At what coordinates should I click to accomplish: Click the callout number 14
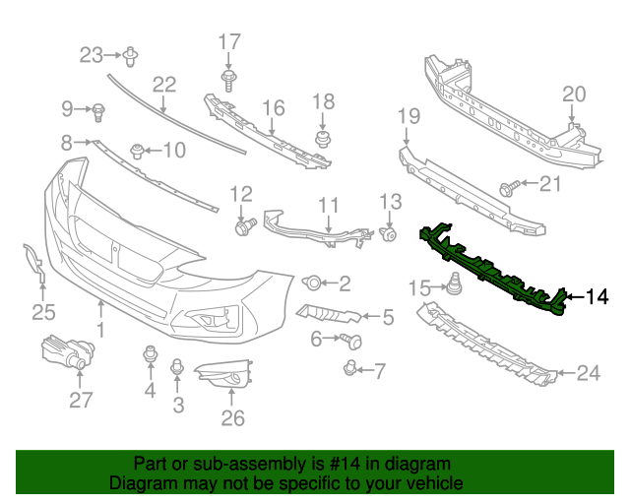point(598,295)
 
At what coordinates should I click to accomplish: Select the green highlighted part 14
point(492,269)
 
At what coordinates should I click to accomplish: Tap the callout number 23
point(91,54)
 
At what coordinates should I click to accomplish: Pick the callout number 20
point(573,94)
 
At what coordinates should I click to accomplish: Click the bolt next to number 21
point(511,185)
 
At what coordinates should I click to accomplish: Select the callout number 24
point(588,372)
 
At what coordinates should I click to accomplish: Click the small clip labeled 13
point(388,234)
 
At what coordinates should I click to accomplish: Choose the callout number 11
point(328,206)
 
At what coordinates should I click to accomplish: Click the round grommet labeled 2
point(312,283)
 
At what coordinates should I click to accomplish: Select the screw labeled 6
point(350,341)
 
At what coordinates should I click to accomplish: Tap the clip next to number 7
point(349,369)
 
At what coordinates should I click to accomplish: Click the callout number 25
point(41,313)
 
